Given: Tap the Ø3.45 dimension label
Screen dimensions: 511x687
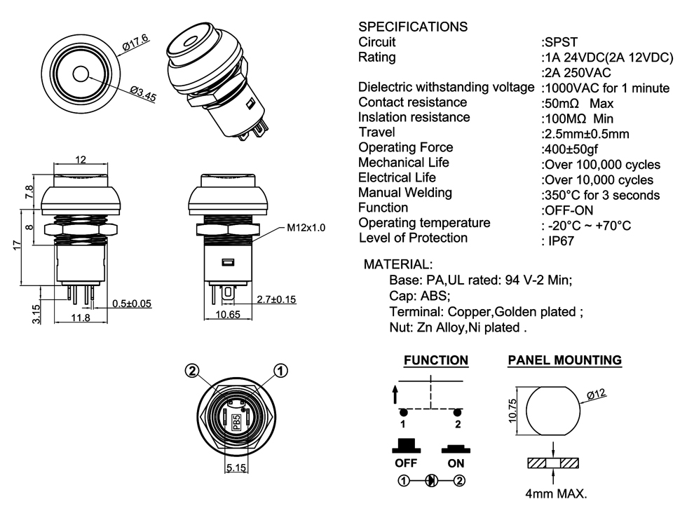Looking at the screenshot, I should click(x=142, y=94).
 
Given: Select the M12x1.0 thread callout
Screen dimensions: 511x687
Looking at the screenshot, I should click(x=306, y=229).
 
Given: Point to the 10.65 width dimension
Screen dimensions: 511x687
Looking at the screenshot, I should click(x=227, y=315).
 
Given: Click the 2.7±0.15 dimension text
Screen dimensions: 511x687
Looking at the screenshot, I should click(x=276, y=299).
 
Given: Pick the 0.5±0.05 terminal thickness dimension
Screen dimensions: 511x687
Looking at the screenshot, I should click(x=132, y=304).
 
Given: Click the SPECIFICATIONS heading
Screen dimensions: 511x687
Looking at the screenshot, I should click(x=412, y=27).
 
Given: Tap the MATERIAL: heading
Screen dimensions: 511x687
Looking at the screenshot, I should click(x=397, y=264).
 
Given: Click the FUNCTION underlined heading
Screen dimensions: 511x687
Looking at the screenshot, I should click(x=435, y=360).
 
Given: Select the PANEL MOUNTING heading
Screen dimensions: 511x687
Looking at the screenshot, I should click(x=564, y=360).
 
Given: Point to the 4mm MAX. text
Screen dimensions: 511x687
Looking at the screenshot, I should click(x=556, y=493).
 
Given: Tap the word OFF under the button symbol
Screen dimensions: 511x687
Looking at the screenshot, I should click(x=406, y=463).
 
